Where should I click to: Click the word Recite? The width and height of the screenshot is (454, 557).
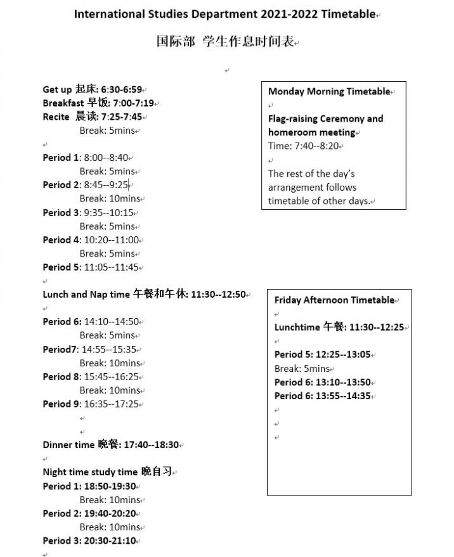click(x=56, y=117)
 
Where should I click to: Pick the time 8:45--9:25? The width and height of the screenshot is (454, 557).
click(x=105, y=185)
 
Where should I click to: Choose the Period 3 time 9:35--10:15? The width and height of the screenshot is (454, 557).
click(x=109, y=212)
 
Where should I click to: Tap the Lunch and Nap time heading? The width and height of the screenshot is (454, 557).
click(x=88, y=295)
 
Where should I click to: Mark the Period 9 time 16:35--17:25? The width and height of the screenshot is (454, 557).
click(x=112, y=404)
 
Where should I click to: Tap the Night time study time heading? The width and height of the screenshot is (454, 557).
click(x=90, y=472)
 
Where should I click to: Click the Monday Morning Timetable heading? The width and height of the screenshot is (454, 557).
click(x=329, y=91)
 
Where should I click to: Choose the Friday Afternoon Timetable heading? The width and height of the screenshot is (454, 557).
click(x=334, y=300)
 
